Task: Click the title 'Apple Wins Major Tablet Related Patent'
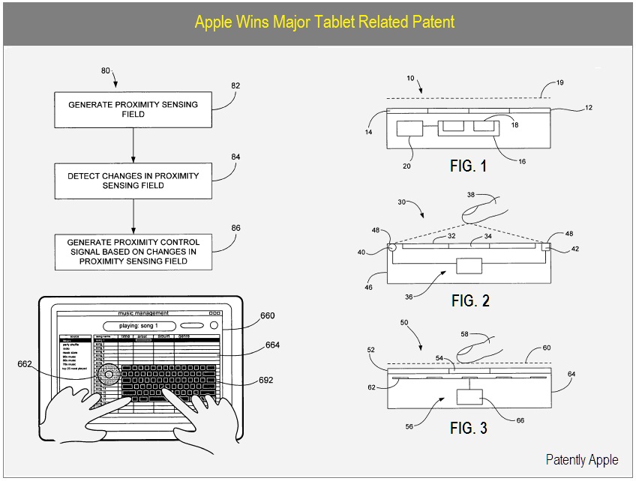tap(324, 21)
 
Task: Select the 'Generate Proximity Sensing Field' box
tap(133, 109)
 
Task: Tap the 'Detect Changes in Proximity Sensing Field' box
tap(133, 181)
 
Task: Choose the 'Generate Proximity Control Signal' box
tap(133, 252)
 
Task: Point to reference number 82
tap(235, 86)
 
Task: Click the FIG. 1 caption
tap(469, 166)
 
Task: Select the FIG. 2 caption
tap(470, 300)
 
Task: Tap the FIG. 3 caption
tap(469, 429)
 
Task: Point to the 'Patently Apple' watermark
tap(582, 460)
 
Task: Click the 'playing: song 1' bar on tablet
tap(140, 326)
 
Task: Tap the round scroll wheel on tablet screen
tap(111, 372)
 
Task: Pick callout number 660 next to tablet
tap(268, 315)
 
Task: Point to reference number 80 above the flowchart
tap(106, 71)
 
